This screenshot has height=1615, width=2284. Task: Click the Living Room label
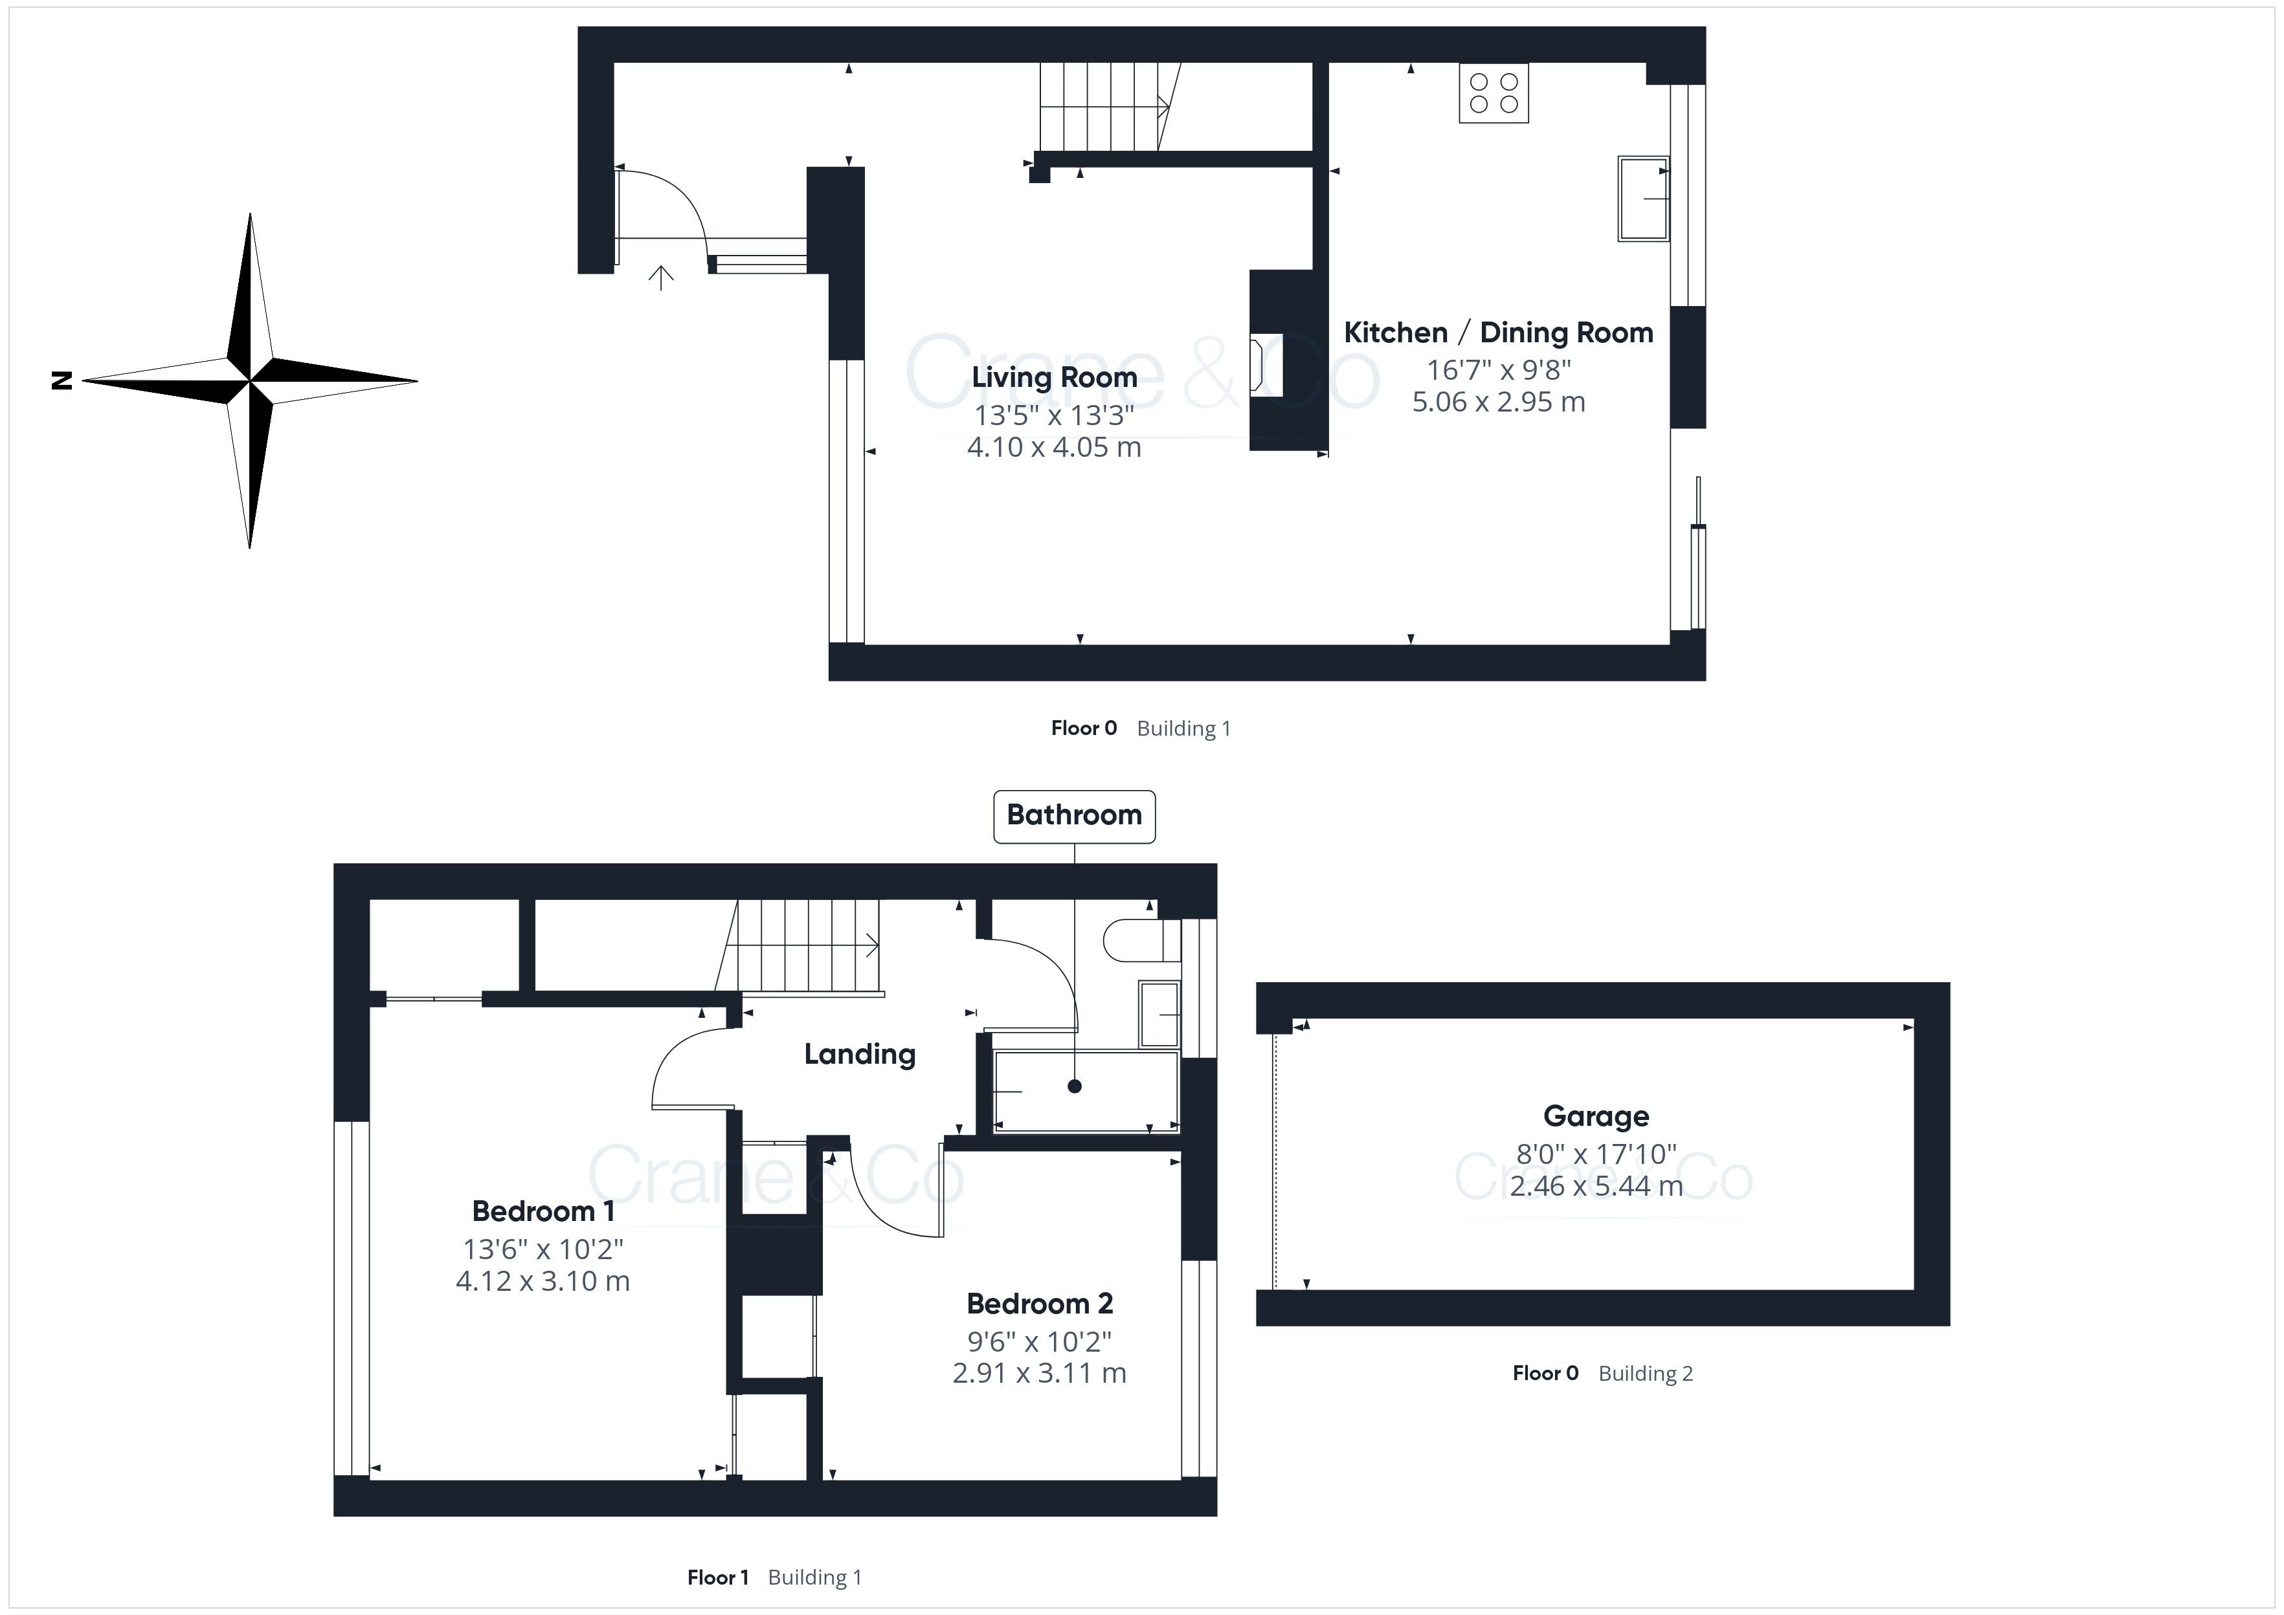[x=1055, y=378]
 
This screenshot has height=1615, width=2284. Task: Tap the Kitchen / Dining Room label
[x=1498, y=332]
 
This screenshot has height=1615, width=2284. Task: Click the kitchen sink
[x=1643, y=199]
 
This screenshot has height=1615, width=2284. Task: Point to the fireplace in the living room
[x=1266, y=366]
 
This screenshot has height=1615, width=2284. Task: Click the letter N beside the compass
[x=62, y=380]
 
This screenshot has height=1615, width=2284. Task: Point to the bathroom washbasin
[x=1159, y=1015]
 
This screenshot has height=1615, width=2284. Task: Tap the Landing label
[x=860, y=1054]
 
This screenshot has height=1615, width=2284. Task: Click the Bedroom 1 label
[x=543, y=1211]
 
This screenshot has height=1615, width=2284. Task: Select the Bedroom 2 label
[x=1040, y=1304]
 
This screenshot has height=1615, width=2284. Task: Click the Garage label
[x=1596, y=1117]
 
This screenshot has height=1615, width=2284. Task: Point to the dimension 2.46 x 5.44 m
[x=1596, y=1185]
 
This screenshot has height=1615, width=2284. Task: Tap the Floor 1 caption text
[x=717, y=1577]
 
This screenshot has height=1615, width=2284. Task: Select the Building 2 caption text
[x=1646, y=1374]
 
